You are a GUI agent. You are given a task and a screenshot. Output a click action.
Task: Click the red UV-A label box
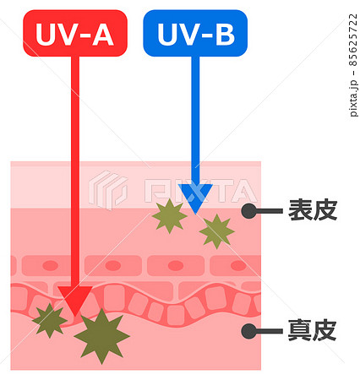pos(75,33)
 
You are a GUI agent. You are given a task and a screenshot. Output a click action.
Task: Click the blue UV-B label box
pos(195,33)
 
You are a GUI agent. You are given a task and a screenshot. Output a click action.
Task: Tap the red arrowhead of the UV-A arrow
pos(75,300)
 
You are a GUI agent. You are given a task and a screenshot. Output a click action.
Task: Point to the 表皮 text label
pos(313,210)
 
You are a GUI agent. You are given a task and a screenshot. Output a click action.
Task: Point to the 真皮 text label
pos(313,330)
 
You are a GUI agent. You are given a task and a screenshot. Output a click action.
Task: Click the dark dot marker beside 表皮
pos(249,211)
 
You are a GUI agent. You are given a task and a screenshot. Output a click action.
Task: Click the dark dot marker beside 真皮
pos(249,331)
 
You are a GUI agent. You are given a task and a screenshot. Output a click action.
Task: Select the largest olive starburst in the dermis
pos(101,336)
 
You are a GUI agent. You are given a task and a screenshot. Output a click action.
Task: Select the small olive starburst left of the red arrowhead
pos(50,320)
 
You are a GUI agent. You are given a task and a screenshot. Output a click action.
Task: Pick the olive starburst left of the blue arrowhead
pos(169,216)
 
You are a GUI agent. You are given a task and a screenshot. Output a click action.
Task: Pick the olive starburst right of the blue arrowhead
pos(216,231)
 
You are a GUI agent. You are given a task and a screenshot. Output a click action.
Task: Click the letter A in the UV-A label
pos(103,35)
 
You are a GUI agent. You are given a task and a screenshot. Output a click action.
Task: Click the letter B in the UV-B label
pos(225,35)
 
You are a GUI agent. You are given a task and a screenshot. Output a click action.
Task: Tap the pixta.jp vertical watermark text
pos(353,99)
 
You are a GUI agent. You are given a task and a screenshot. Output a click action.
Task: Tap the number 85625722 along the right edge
pos(353,40)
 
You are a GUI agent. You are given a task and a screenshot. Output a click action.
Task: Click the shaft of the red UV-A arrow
pos(75,171)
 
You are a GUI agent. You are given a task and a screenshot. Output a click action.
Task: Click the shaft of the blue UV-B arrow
pos(195,121)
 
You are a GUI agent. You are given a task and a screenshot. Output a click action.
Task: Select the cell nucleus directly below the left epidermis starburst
pos(176,265)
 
